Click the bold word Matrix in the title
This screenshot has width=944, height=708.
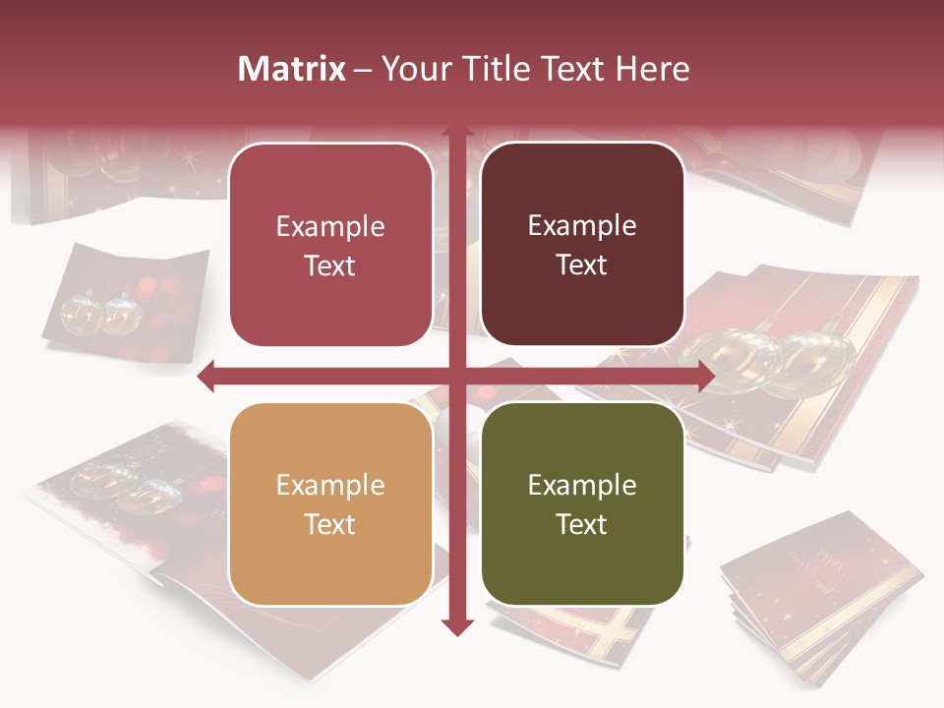[x=292, y=69]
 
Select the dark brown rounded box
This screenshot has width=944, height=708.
[x=582, y=245]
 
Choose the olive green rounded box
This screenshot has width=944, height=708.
[x=582, y=503]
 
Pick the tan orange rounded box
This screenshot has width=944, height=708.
[x=330, y=503]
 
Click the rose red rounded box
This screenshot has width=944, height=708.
[x=330, y=245]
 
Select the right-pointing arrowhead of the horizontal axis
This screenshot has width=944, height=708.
[x=706, y=376]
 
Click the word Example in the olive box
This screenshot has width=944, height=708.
[x=582, y=485]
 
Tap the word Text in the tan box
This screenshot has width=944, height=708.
[x=330, y=524]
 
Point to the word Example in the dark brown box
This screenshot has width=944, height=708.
[x=582, y=226]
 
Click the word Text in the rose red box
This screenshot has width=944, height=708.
[x=330, y=265]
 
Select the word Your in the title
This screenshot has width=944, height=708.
[x=413, y=69]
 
